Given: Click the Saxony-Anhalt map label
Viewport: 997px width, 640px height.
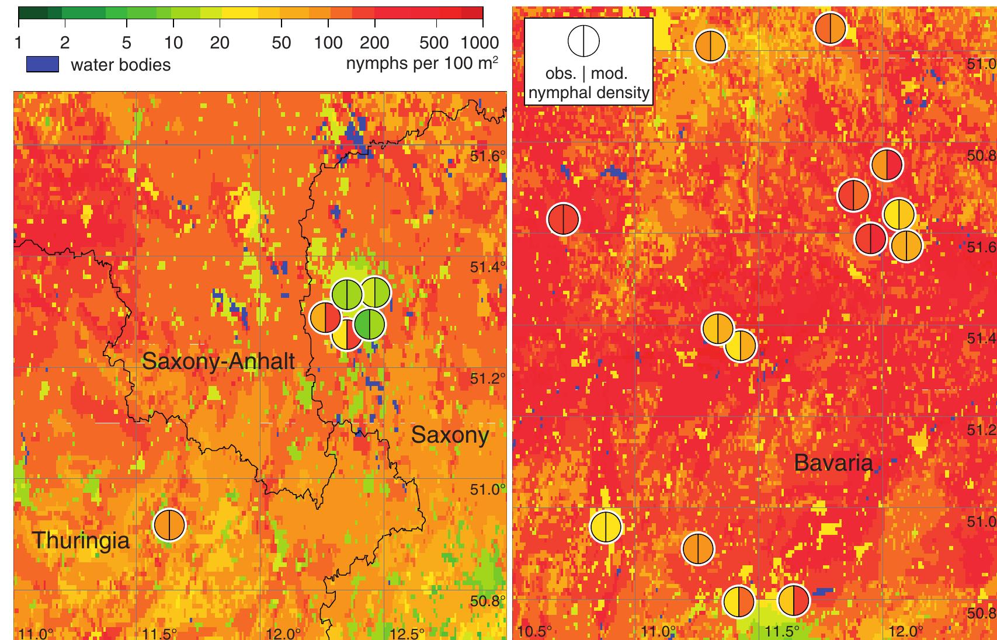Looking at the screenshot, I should (x=218, y=361).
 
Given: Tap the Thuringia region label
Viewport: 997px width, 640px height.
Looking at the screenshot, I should (x=81, y=540).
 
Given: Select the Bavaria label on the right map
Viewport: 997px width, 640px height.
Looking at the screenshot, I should (x=833, y=464).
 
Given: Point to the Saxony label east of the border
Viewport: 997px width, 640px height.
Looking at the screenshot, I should (x=450, y=435).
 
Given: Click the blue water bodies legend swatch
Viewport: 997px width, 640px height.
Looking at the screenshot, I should (x=42, y=64).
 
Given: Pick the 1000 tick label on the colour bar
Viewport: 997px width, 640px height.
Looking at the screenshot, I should (x=480, y=43).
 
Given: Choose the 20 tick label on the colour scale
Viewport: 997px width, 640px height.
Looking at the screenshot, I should (x=220, y=43).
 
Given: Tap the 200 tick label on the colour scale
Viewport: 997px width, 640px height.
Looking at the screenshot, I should (x=374, y=43).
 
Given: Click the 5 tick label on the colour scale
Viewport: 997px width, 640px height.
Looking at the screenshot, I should (x=127, y=43).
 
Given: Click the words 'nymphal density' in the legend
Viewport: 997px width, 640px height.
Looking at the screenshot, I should (x=588, y=92).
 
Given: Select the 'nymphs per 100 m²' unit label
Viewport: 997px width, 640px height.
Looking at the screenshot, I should (x=422, y=63).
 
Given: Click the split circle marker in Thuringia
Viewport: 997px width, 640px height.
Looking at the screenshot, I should (x=169, y=525).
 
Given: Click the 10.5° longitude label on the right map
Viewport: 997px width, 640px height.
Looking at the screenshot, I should (x=534, y=632).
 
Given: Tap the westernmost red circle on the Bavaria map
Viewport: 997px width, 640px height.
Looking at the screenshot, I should (x=563, y=219).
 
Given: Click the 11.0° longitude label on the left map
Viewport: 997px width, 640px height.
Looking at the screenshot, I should (x=36, y=634).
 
